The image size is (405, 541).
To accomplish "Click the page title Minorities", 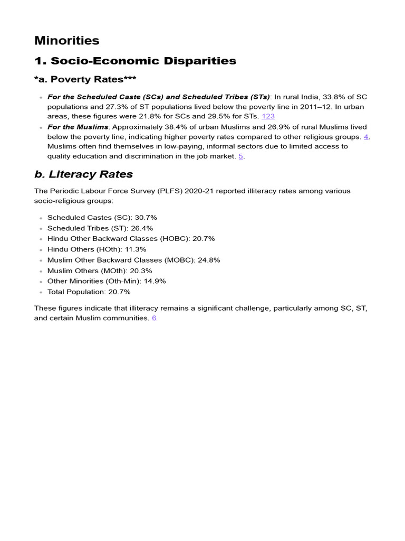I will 66,41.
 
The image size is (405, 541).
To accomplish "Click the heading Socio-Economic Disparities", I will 135,61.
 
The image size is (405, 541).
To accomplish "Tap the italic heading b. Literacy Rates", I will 83,174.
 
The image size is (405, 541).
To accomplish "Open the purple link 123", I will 268,116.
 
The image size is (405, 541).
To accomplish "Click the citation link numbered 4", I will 366,136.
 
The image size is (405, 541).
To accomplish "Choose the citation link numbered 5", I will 240,156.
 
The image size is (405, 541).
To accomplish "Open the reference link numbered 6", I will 154,318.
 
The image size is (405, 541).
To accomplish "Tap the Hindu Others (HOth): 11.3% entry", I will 97,249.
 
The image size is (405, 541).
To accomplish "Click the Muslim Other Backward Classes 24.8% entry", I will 133,260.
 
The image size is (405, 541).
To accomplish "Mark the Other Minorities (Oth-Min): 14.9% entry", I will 107,281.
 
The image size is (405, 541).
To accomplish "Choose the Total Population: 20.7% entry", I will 89,292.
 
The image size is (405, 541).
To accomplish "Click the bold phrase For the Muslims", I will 78,127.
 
